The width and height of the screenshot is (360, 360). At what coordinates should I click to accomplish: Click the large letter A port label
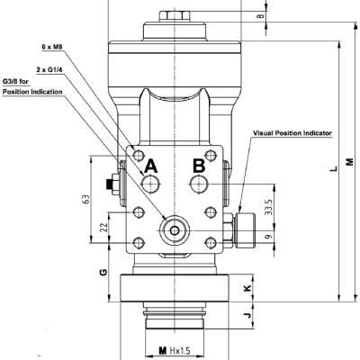[x=150, y=166]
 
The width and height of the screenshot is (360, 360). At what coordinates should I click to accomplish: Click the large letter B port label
[x=200, y=166]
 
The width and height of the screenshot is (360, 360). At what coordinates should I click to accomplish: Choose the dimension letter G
[x=103, y=272]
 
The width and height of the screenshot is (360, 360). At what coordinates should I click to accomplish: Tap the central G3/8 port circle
[x=174, y=230]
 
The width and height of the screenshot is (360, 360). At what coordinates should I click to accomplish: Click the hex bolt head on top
[x=173, y=15]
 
